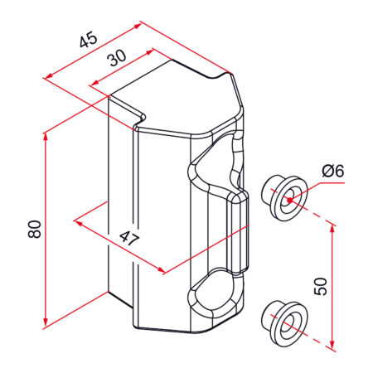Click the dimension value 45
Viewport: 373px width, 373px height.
(x=89, y=40)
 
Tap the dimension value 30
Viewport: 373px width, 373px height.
(x=117, y=58)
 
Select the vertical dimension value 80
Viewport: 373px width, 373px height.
(x=35, y=229)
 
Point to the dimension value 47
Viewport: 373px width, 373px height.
(x=129, y=239)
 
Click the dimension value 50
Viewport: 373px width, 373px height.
(x=321, y=287)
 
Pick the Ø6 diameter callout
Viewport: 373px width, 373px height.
(x=333, y=171)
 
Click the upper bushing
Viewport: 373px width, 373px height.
(x=284, y=197)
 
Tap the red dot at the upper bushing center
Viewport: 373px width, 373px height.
(x=289, y=200)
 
